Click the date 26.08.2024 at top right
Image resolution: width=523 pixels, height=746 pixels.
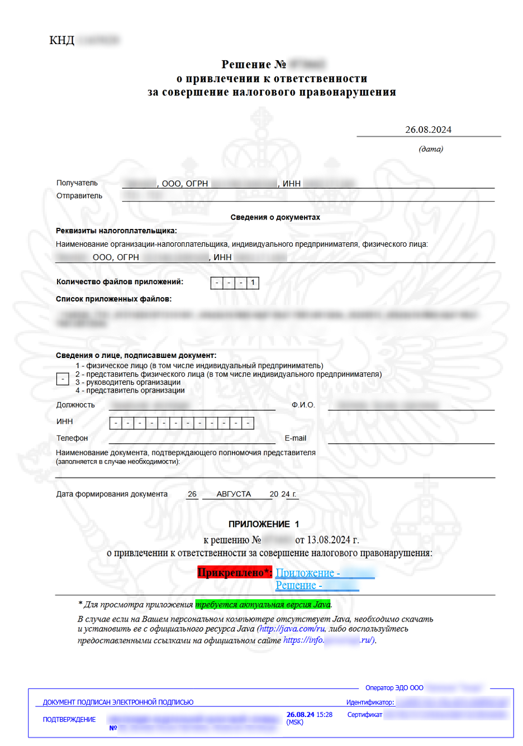(428, 130)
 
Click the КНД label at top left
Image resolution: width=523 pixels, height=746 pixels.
(61, 40)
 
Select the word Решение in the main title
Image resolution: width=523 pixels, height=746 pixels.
(246, 65)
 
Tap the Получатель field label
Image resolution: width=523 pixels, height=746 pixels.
(77, 183)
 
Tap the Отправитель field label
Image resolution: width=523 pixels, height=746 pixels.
(79, 196)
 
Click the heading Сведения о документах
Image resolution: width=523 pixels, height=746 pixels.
(275, 217)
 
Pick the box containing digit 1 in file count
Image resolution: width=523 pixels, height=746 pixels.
(253, 283)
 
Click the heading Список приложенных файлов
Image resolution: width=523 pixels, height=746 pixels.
(113, 299)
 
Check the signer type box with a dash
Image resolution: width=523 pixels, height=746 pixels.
(63, 379)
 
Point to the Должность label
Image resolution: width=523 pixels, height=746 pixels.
(75, 405)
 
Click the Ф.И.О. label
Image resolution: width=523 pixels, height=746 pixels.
(303, 405)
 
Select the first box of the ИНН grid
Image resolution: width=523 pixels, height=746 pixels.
(116, 423)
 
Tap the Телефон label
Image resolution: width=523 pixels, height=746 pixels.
(72, 438)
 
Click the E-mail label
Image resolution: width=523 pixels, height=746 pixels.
(296, 438)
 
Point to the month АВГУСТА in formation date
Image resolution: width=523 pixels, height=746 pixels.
(234, 494)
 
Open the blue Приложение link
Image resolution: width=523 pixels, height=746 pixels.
(307, 573)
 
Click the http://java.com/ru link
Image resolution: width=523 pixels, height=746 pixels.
(291, 629)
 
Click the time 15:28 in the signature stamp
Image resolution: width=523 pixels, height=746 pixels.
(324, 715)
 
